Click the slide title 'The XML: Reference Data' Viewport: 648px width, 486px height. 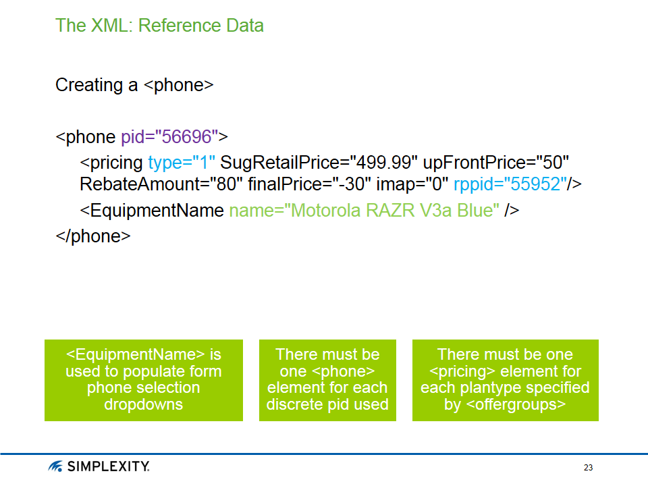[x=159, y=26]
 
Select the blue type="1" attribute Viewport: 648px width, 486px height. [x=181, y=163]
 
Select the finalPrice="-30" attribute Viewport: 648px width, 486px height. [x=309, y=184]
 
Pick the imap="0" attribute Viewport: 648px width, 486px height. [x=412, y=184]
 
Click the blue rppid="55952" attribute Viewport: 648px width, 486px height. [x=510, y=184]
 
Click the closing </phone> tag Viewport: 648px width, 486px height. [x=92, y=236]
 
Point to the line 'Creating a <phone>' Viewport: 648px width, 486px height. [x=134, y=86]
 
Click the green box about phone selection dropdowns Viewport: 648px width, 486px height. [x=144, y=380]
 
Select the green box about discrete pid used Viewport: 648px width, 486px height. [x=327, y=380]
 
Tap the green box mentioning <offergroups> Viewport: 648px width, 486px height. [x=505, y=380]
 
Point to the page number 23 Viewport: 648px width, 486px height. [x=588, y=468]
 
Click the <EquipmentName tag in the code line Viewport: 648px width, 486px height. [x=152, y=211]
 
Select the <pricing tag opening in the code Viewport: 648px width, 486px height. [x=111, y=163]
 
